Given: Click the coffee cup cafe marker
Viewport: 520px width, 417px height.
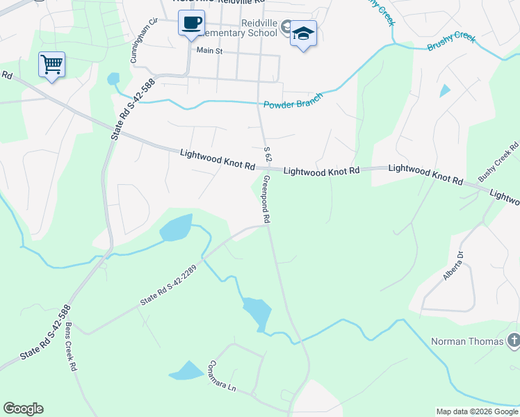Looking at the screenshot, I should coord(191,24).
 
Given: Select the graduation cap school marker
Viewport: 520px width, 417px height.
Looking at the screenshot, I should coord(303,34).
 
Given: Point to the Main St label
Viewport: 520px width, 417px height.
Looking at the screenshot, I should coord(209,51).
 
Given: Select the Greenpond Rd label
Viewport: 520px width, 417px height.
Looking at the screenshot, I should coord(266,198).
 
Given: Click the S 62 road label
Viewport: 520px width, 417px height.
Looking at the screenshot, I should coord(266,156).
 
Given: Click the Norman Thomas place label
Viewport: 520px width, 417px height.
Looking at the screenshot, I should coord(467,341).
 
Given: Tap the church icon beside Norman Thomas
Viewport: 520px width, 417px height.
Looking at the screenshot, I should coord(513,341).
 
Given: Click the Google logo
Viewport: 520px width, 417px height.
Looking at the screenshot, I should coord(23,409).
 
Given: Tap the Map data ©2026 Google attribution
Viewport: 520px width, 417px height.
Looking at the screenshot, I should coord(476,411).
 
